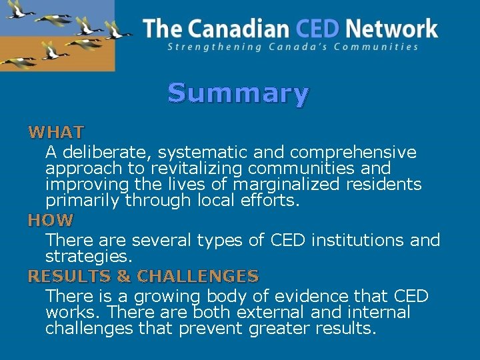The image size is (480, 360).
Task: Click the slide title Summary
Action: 238,93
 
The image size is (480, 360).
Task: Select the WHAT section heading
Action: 56,132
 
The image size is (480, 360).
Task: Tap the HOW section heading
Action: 51,219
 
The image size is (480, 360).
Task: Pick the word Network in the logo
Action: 391,29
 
